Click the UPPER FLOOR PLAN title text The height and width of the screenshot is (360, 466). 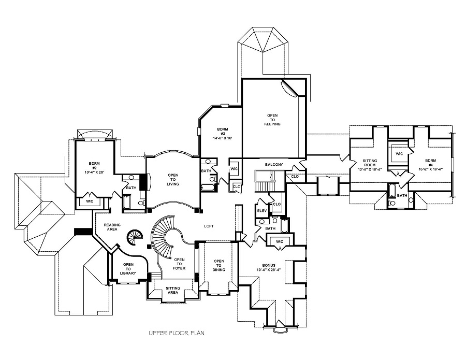tap(176, 333)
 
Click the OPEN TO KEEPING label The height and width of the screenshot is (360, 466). tap(272, 119)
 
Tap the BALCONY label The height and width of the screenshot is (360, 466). tap(274, 165)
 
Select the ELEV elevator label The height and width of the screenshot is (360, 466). tap(261, 211)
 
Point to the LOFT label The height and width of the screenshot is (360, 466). tap(209, 226)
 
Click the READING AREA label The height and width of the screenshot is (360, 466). tap(112, 227)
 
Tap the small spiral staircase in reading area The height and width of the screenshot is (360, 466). tap(134, 238)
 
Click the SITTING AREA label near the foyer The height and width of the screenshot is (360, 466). tap(173, 290)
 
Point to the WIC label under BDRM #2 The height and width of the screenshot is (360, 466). tap(89, 201)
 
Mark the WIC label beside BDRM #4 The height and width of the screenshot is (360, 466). tap(399, 154)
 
